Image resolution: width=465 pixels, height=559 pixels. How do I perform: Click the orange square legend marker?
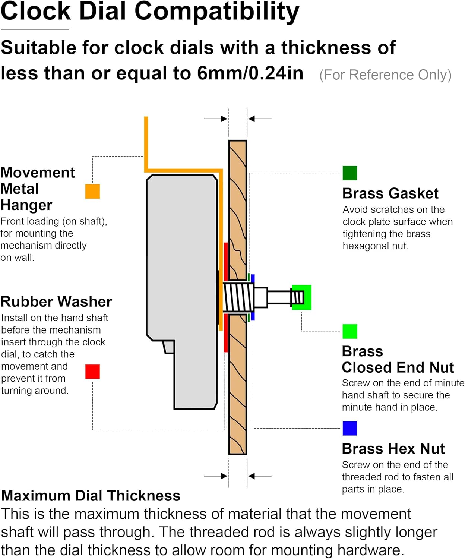(92, 191)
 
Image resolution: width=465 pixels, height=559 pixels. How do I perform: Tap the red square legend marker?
(92, 371)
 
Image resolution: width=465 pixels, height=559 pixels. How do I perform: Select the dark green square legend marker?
(349, 173)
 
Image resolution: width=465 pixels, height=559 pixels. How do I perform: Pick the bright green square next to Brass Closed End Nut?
(349, 331)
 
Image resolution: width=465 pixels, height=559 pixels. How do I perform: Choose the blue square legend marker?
(349, 428)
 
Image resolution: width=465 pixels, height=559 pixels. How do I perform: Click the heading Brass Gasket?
(390, 193)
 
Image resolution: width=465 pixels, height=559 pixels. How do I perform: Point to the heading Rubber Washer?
(56, 302)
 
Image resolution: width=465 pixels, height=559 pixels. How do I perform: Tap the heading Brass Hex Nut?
(393, 448)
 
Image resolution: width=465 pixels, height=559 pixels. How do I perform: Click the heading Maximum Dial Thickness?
(91, 495)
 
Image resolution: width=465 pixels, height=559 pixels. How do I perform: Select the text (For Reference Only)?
(385, 75)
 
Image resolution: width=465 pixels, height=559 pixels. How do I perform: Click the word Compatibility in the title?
(217, 12)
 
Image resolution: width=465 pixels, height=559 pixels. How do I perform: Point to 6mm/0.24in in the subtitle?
(250, 73)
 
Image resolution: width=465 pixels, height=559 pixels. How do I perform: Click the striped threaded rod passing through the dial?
(238, 297)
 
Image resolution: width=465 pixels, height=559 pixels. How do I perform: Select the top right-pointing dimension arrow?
(216, 119)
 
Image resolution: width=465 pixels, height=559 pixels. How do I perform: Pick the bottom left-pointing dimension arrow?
(259, 476)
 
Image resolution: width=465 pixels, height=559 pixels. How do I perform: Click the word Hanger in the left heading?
(26, 205)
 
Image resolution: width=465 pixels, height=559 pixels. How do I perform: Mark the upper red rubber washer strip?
(226, 262)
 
